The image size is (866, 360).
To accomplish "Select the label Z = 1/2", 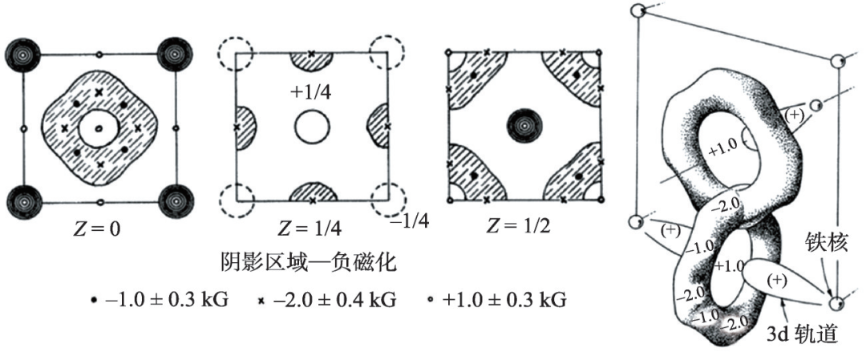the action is (519, 229).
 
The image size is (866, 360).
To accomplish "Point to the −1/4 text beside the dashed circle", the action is (409, 220).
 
